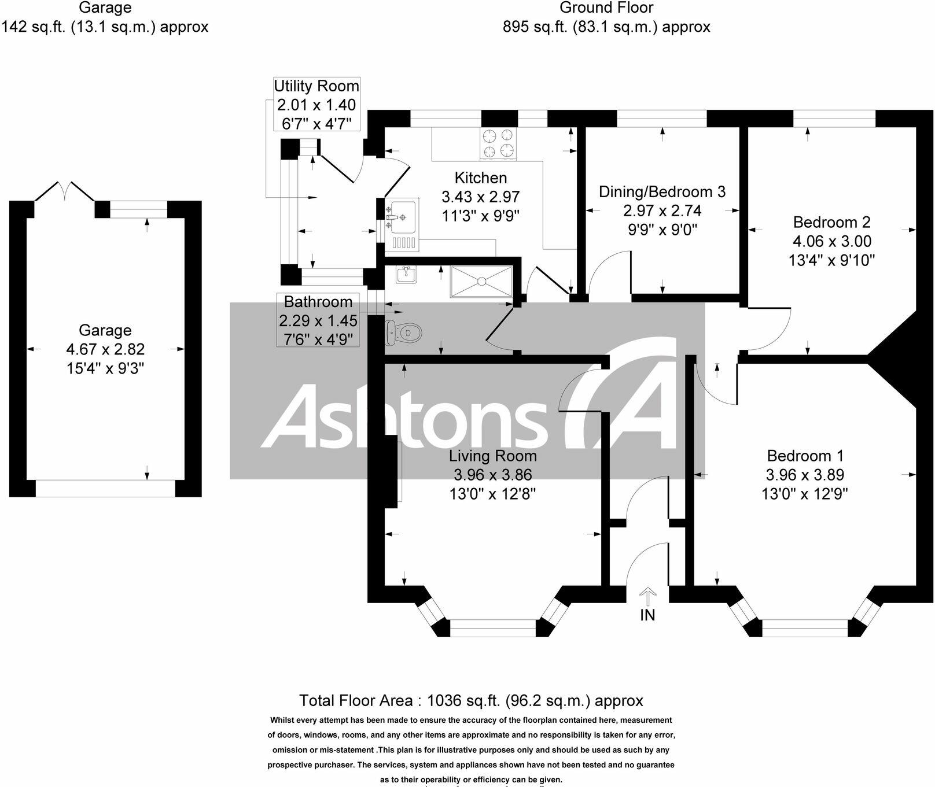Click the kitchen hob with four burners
tap(498, 143)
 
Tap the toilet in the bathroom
tap(405, 332)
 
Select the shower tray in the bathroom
tap(481, 282)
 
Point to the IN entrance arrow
tap(647, 596)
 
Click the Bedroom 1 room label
tap(805, 456)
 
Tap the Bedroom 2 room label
tap(831, 222)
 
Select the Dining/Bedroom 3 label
tap(662, 191)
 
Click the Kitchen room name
tap(480, 178)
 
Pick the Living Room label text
tap(492, 456)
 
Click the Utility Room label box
tap(316, 104)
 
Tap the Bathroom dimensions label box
tap(318, 320)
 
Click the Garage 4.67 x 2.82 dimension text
tap(105, 349)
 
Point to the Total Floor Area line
tap(470, 700)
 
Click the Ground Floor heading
tap(606, 8)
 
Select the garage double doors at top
tap(65, 191)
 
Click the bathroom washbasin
tap(407, 274)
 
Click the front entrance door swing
tap(645, 564)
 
